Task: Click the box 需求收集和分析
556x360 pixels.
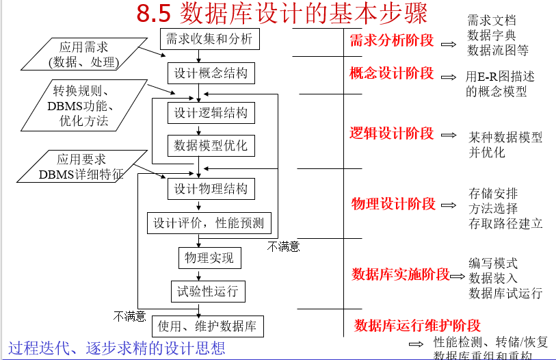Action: (x=210, y=39)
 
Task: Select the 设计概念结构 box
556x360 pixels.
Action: (x=210, y=73)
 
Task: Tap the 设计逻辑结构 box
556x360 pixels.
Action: (x=210, y=113)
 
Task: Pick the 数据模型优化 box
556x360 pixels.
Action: (x=210, y=145)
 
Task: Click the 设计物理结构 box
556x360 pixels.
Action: (x=210, y=188)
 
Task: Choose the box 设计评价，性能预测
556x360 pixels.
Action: (x=209, y=223)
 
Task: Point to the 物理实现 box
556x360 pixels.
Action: (x=209, y=257)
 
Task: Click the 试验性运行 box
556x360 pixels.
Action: (x=207, y=291)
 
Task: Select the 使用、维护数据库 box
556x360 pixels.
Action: (x=207, y=326)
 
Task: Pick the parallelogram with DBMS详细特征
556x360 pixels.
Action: (x=80, y=167)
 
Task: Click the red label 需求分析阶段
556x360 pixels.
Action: (x=391, y=40)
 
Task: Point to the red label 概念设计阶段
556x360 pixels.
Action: (x=391, y=73)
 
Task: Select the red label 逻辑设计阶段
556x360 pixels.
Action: (x=391, y=133)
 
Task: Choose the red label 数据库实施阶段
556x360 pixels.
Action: (x=400, y=274)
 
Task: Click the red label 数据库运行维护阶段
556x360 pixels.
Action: (x=417, y=325)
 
